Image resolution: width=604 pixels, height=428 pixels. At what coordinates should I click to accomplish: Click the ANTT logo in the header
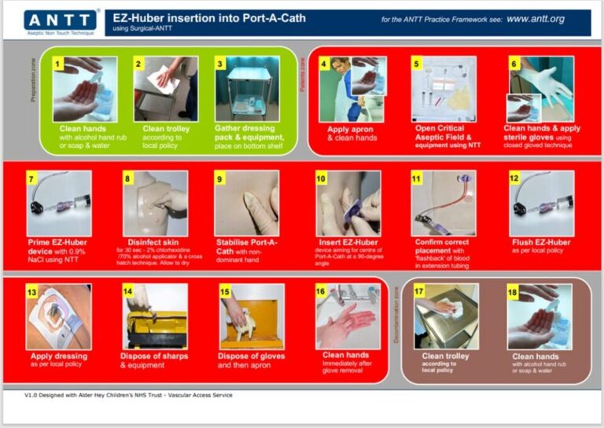coord(61,20)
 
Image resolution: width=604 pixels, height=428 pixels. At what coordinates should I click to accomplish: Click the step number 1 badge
coord(57,63)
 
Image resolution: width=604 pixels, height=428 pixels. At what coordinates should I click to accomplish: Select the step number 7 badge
coord(32,179)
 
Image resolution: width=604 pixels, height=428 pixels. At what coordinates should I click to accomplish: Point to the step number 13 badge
coord(32,291)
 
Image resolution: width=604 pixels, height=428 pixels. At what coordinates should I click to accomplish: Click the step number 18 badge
coord(514,292)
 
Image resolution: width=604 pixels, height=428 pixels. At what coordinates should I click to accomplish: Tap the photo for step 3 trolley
coord(247,89)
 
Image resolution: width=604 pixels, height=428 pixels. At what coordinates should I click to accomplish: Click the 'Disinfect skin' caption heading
coord(154,242)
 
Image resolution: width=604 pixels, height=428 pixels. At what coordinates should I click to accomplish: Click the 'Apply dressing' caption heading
coord(59,356)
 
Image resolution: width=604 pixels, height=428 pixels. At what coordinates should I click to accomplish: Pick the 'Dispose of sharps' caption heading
coord(155,356)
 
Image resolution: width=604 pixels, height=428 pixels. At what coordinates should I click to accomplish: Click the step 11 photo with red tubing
coord(443,203)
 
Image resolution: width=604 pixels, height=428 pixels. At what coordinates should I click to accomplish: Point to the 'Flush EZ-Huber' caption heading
coord(540,242)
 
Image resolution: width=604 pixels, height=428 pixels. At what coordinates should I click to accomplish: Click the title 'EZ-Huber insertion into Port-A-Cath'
coord(209,17)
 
